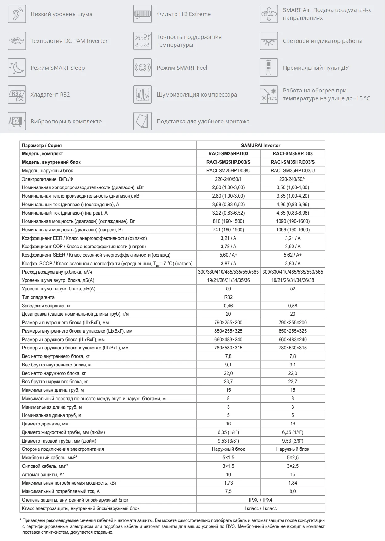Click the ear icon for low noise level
tap(16, 14)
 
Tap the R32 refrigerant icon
tap(16, 94)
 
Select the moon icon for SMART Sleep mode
tap(16, 68)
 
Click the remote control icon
tap(269, 68)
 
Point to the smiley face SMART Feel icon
tap(143, 68)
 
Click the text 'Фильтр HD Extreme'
tap(184, 14)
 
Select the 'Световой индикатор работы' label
tap(322, 41)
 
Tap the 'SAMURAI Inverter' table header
tap(260, 145)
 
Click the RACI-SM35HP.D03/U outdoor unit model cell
tap(293, 170)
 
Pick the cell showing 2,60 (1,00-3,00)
tap(228, 187)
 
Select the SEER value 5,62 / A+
tap(293, 255)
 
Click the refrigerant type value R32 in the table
tap(228, 297)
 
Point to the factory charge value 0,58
tap(293, 306)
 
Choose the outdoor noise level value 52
tap(293, 289)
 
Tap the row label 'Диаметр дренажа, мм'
tap(45, 424)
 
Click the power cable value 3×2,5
tap(293, 466)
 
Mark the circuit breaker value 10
tap(228, 475)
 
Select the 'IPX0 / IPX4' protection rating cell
tap(260, 500)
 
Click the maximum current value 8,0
tap(293, 491)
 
